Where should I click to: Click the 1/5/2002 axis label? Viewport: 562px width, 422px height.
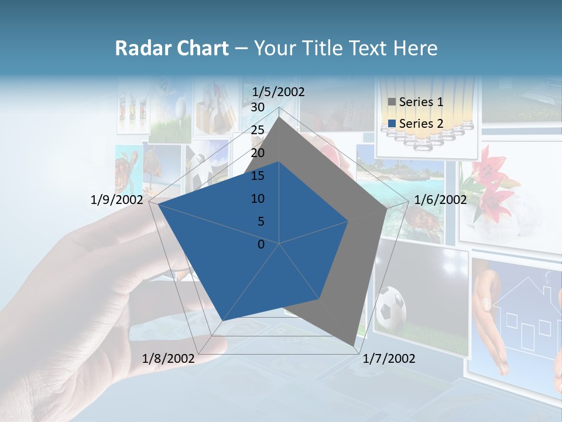279,91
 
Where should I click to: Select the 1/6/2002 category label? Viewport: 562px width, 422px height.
440,200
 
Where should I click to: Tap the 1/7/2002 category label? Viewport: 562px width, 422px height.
389,359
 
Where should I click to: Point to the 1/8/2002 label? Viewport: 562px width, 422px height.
168,359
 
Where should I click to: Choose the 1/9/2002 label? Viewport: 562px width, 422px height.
116,200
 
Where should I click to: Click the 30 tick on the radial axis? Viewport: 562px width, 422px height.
258,107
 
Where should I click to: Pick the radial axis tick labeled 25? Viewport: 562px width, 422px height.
258,130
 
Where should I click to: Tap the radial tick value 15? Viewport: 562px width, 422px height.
258,176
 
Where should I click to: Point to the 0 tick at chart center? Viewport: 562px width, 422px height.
261,244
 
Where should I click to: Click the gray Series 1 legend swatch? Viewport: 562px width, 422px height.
392,102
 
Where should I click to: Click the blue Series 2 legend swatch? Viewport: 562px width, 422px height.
392,124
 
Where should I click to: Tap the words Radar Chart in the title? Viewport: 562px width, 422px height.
172,48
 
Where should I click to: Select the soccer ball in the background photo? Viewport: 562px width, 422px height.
391,307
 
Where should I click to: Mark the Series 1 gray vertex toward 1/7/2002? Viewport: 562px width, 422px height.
354,345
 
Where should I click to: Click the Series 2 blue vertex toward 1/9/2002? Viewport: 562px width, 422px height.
157,204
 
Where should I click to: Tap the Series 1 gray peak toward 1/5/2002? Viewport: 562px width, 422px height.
279,117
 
